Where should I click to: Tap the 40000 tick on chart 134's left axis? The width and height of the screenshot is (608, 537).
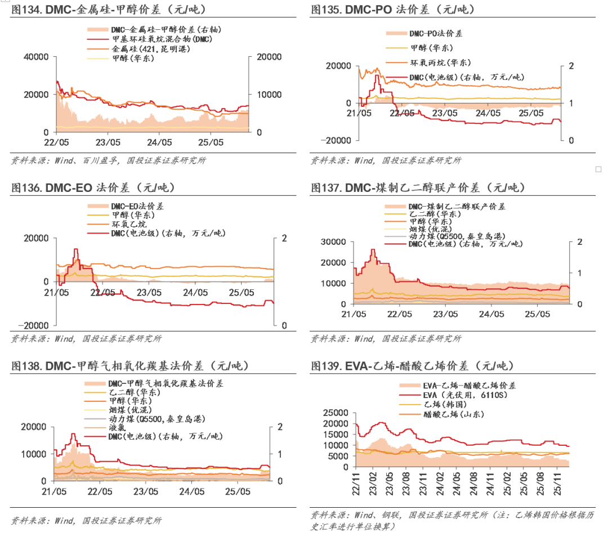37,57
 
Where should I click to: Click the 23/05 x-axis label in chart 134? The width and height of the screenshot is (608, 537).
108,142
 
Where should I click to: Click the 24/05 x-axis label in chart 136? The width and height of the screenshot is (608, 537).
194,292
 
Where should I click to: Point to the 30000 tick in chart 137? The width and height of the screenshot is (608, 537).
333,242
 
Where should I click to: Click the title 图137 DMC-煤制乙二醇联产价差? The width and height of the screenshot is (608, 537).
417,187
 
